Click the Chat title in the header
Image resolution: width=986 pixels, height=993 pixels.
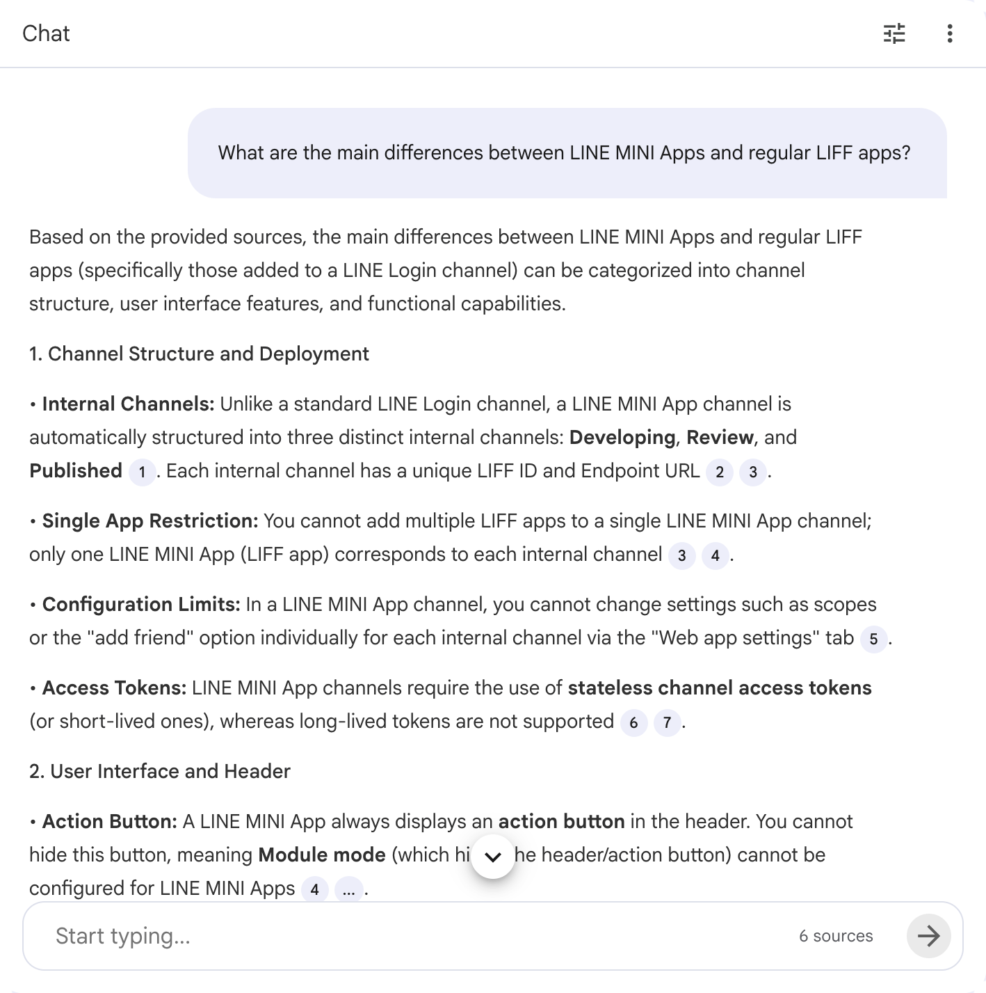(x=46, y=33)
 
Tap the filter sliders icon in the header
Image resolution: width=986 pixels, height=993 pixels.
(x=894, y=33)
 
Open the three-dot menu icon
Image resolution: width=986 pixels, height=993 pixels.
(x=950, y=33)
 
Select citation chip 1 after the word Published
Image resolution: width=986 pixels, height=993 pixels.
(x=142, y=472)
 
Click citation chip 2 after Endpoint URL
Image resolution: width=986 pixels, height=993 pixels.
(x=720, y=472)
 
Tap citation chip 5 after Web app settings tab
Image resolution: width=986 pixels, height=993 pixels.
(x=873, y=640)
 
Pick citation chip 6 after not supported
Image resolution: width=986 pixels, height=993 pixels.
(x=633, y=723)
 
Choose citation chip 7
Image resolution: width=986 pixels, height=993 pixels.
(x=667, y=723)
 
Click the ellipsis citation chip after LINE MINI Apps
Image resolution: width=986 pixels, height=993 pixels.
(x=348, y=890)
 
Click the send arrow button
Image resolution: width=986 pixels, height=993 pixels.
(x=928, y=936)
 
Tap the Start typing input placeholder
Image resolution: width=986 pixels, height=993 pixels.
(x=123, y=936)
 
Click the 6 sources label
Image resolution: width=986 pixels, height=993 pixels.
(x=836, y=936)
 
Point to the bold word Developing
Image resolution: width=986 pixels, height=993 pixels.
(x=622, y=438)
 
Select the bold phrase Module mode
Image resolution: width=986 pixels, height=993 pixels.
(x=322, y=855)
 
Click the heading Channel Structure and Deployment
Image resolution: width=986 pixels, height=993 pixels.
(x=199, y=353)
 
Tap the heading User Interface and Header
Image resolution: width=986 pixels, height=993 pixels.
(x=160, y=771)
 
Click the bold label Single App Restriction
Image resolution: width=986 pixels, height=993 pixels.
(x=150, y=521)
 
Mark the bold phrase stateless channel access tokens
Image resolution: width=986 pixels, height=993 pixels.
(x=720, y=688)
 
